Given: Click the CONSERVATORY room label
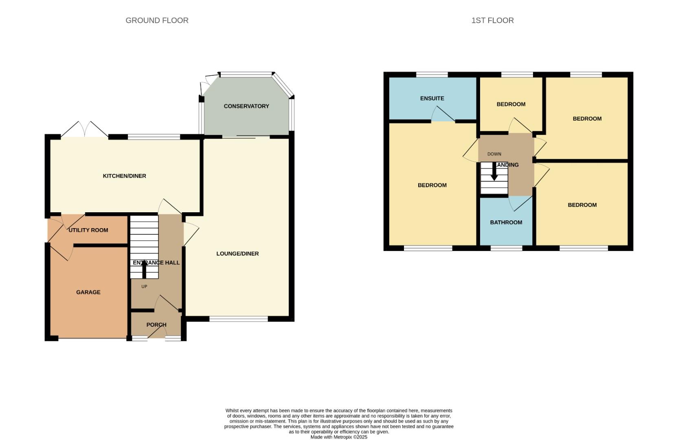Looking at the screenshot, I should [x=246, y=106].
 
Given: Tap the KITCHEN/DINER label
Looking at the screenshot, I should [x=124, y=176].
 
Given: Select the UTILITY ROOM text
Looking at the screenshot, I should [x=88, y=230].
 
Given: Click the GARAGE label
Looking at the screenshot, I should [x=88, y=292].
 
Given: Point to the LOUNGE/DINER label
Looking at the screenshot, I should [x=237, y=254].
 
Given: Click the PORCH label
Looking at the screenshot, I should [x=156, y=325].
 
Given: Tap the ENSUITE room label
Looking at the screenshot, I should [x=432, y=99].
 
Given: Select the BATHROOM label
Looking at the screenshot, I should [x=506, y=222].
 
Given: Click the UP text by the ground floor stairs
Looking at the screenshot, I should [x=144, y=287].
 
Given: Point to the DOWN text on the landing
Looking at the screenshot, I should [x=494, y=154].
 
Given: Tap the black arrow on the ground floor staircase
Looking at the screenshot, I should [x=144, y=269].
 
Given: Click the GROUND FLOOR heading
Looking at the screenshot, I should [x=157, y=20].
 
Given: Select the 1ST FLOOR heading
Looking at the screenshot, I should [x=492, y=20].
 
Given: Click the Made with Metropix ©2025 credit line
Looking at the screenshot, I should [x=339, y=437].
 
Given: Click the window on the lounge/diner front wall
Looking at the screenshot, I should [x=239, y=319].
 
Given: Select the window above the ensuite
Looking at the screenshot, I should [x=432, y=75].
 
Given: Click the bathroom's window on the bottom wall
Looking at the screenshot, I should [x=506, y=248].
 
